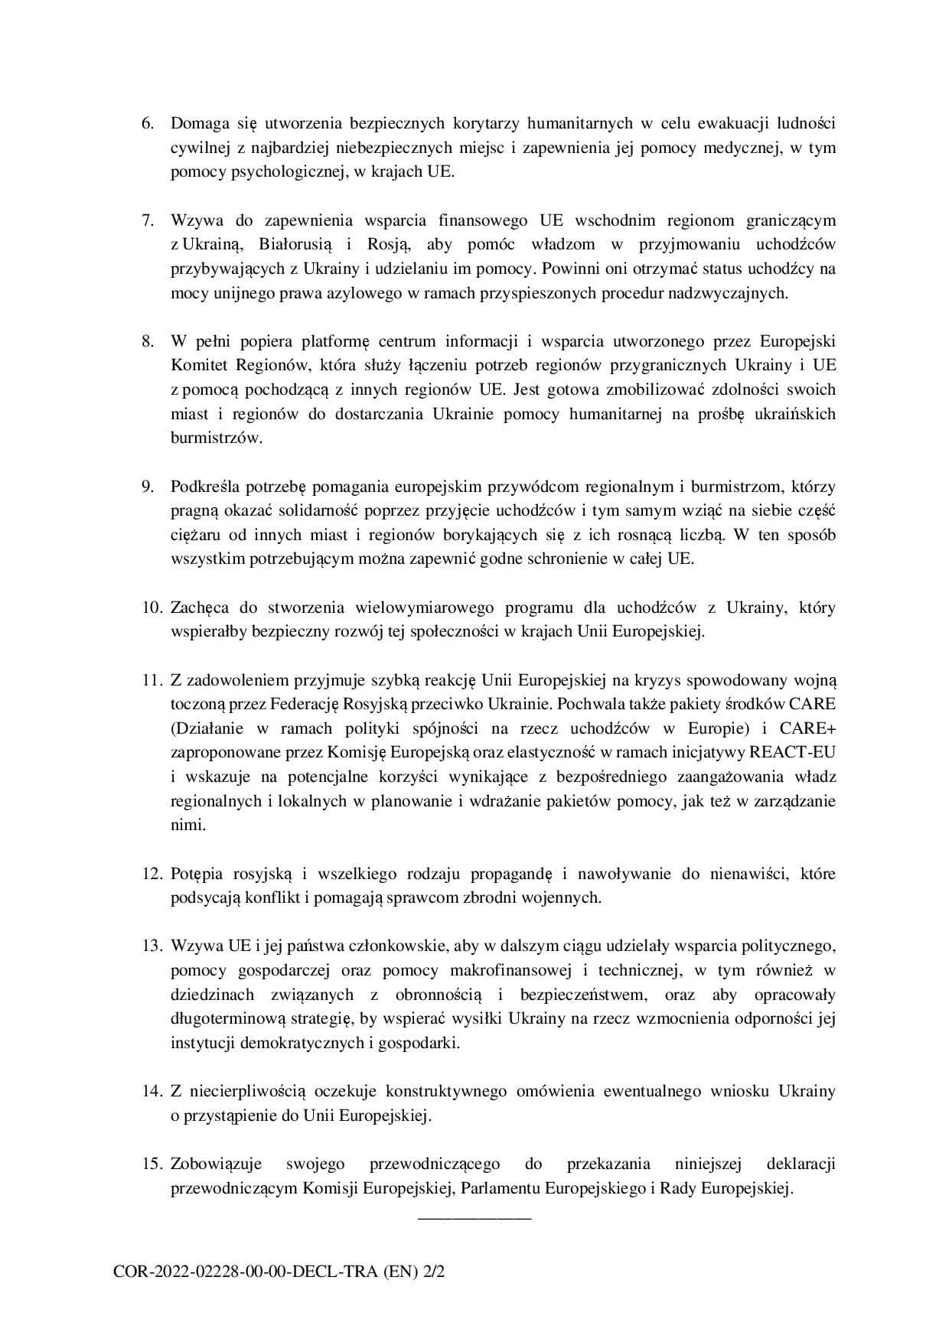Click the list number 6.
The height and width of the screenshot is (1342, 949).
(147, 123)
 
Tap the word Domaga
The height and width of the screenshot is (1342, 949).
(197, 123)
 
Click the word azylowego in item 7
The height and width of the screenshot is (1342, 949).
(370, 293)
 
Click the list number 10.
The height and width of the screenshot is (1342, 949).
(151, 608)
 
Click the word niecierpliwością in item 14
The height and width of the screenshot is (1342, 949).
(244, 1091)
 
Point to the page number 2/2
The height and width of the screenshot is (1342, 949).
(433, 1273)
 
